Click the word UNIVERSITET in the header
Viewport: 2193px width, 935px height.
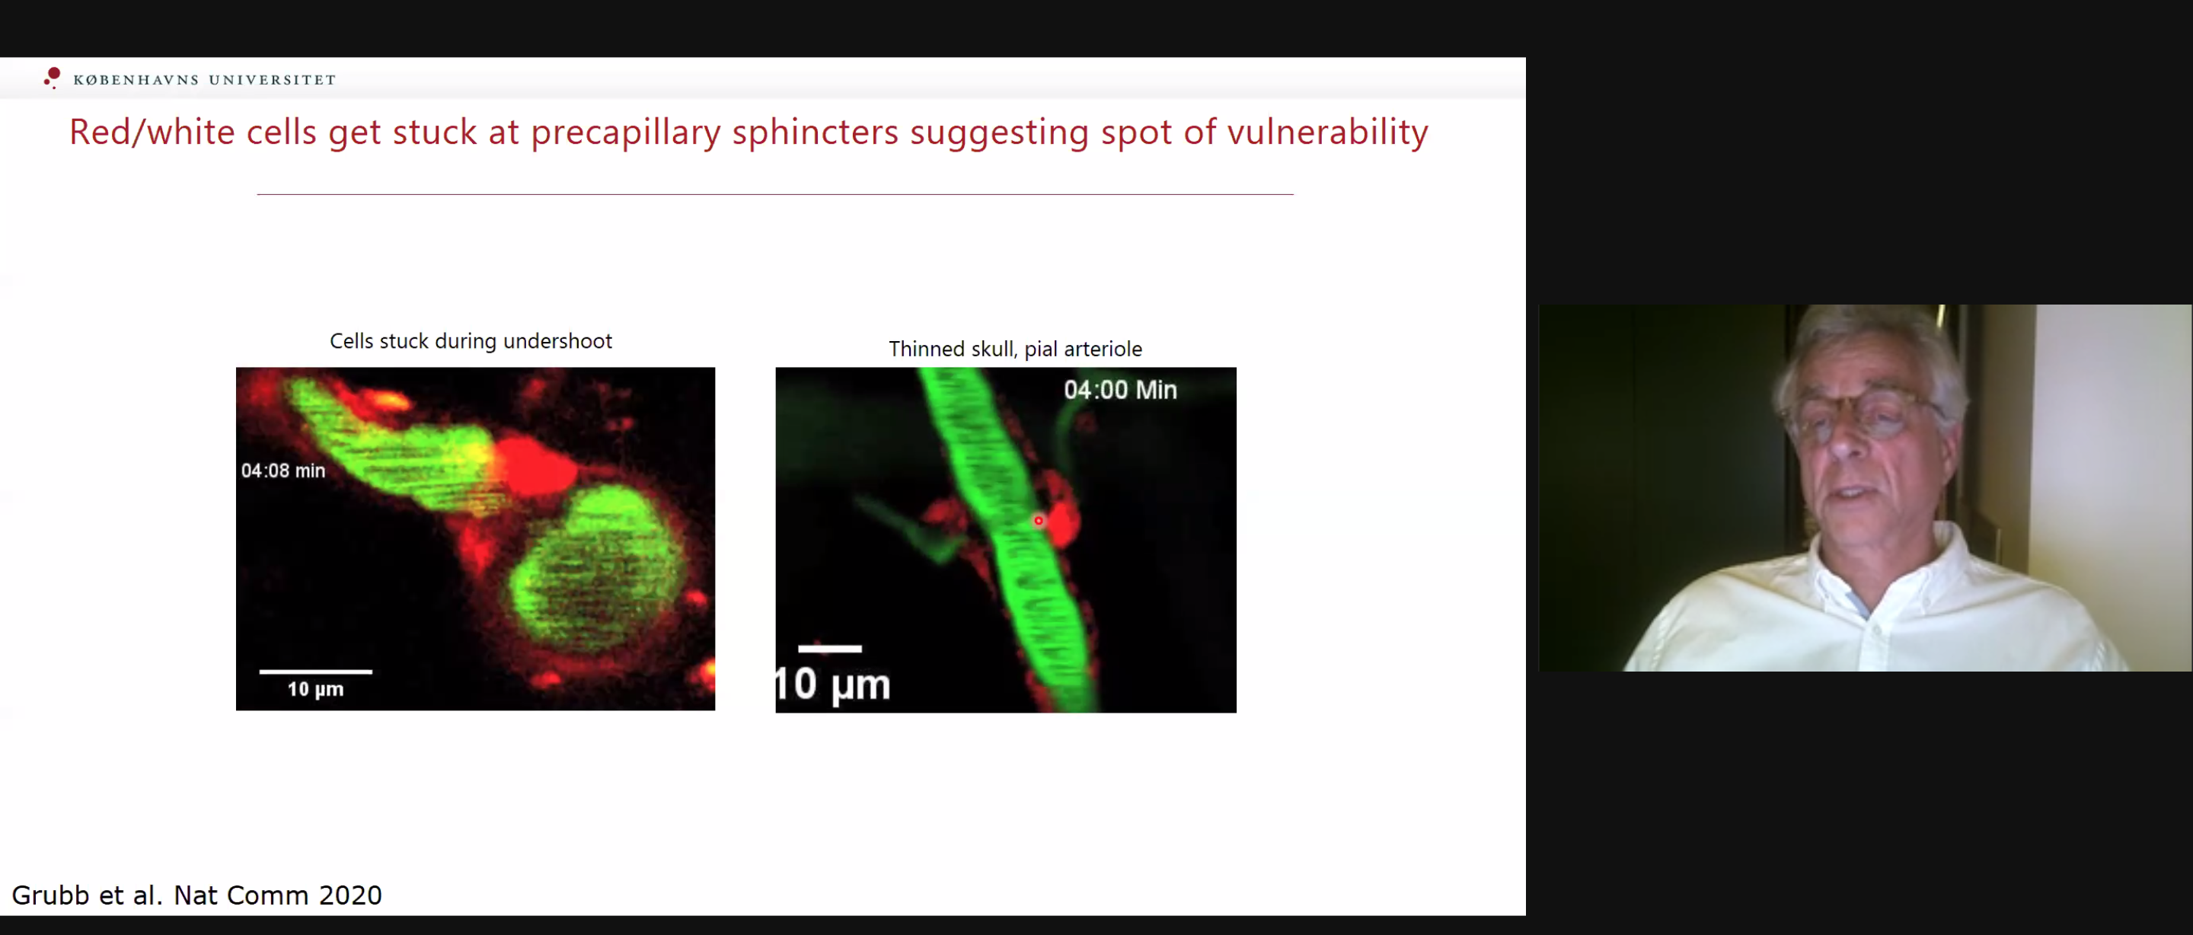click(273, 80)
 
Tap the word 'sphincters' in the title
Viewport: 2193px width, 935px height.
click(815, 132)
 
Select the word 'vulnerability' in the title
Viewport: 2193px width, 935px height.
click(1327, 132)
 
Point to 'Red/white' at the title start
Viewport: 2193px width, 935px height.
click(152, 132)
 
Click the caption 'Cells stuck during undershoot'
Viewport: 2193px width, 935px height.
click(471, 341)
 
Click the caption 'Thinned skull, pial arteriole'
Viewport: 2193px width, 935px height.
click(1016, 349)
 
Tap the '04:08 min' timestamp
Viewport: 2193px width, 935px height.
click(283, 471)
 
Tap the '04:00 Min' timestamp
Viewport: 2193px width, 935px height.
click(1120, 390)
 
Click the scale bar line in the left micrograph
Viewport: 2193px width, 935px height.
click(316, 672)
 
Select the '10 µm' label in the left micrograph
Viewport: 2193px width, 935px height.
click(316, 689)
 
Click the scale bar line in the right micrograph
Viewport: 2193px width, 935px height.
click(830, 649)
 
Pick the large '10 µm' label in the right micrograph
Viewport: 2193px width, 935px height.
click(832, 684)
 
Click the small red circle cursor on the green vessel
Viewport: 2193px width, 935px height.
click(1039, 520)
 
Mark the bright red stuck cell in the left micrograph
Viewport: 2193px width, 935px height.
click(535, 467)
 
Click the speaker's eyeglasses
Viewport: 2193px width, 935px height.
click(1864, 412)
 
